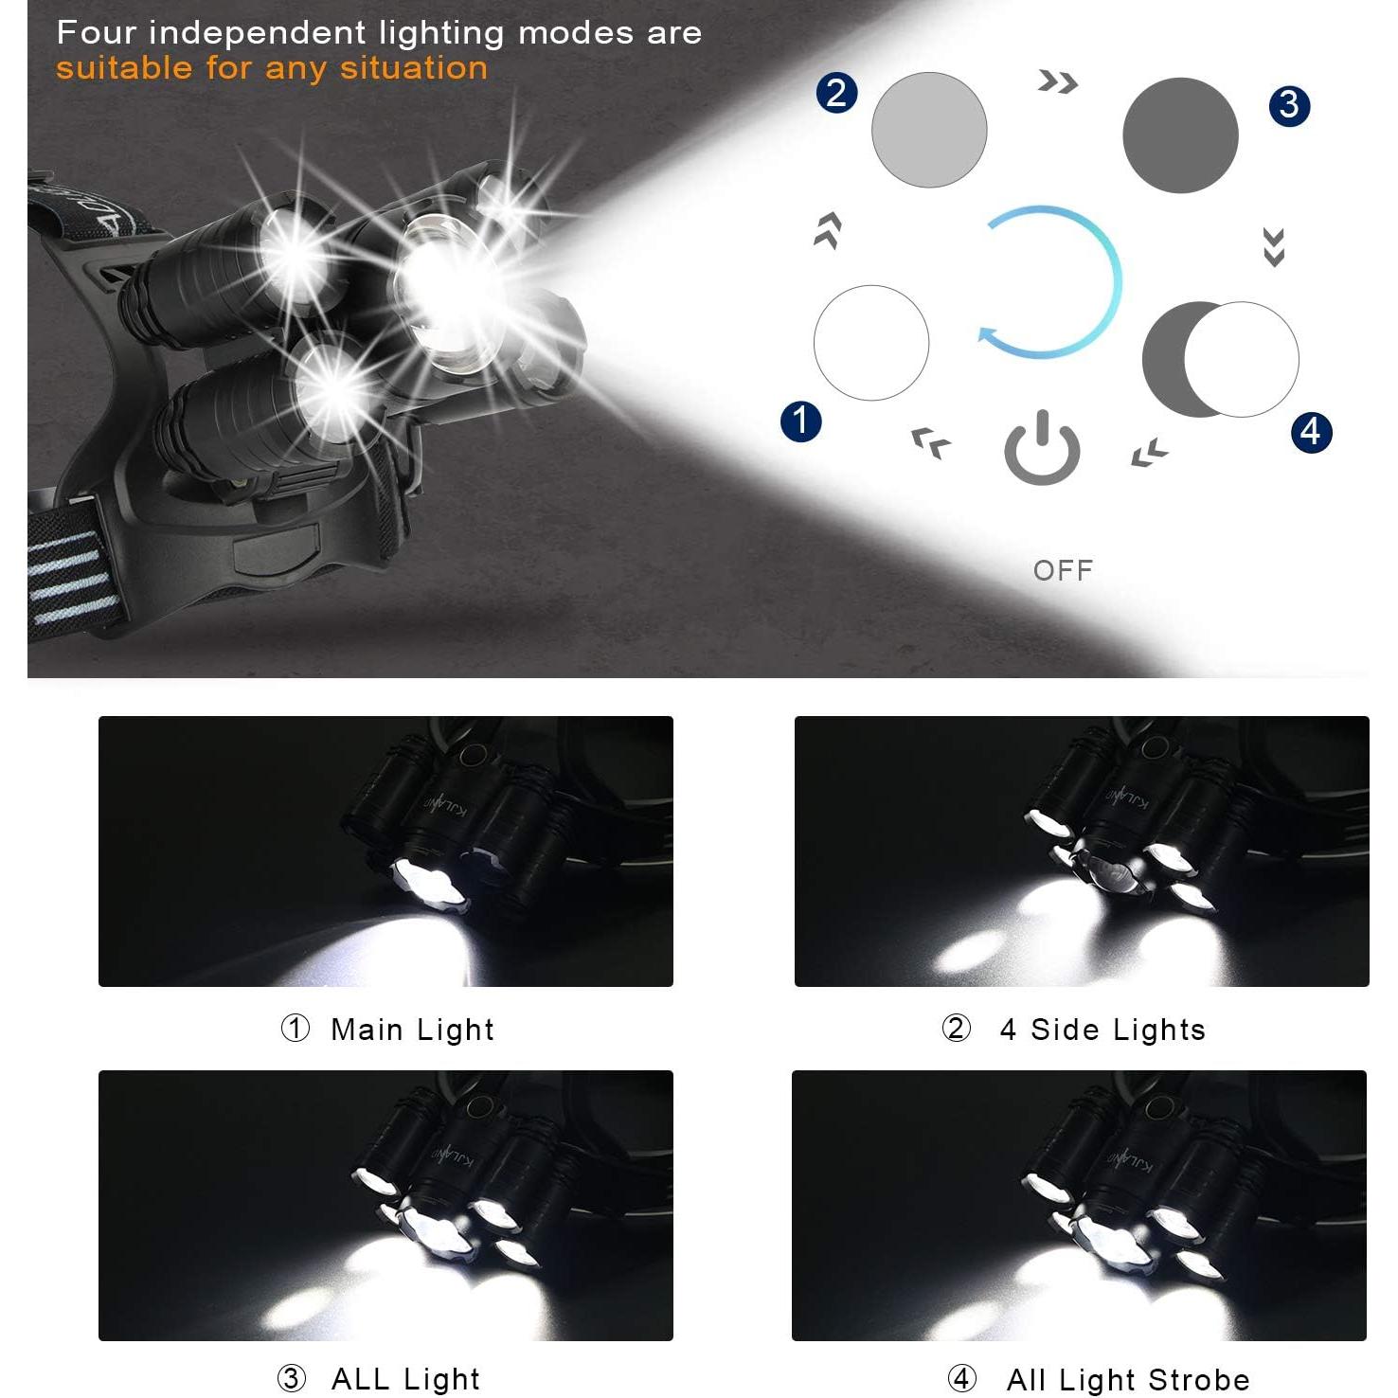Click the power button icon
(1042, 449)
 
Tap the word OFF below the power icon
(1063, 570)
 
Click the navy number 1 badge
(800, 421)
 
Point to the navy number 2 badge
(836, 93)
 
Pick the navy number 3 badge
(1289, 105)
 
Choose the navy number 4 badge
(1311, 432)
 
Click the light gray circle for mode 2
(928, 130)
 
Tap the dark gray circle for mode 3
(1180, 135)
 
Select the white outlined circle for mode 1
(870, 342)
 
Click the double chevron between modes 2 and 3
(1057, 82)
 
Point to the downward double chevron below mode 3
(1274, 247)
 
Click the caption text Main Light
(412, 1030)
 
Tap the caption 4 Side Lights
(1102, 1030)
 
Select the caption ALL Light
(405, 1379)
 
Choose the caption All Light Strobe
(1128, 1380)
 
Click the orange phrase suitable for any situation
(272, 68)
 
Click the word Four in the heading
(97, 32)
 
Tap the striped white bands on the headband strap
(72, 578)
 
